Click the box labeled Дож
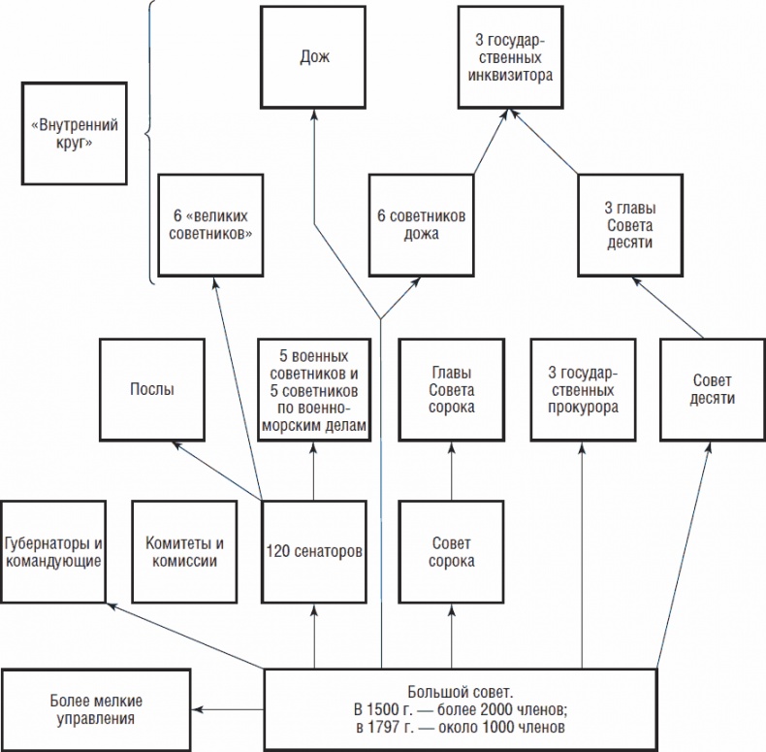click(x=314, y=57)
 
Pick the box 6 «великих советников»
click(x=210, y=225)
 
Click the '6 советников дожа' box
click(x=422, y=225)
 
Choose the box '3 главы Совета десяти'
click(x=631, y=225)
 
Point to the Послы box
click(x=152, y=389)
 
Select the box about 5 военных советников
click(x=314, y=389)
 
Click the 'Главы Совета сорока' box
click(x=452, y=389)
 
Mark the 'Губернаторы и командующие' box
click(x=54, y=551)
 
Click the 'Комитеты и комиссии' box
click(x=183, y=551)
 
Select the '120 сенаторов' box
click(x=314, y=551)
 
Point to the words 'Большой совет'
click(x=460, y=691)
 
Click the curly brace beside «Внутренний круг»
click(x=149, y=142)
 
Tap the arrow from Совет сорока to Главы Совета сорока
click(x=452, y=472)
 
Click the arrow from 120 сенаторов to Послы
click(x=218, y=473)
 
